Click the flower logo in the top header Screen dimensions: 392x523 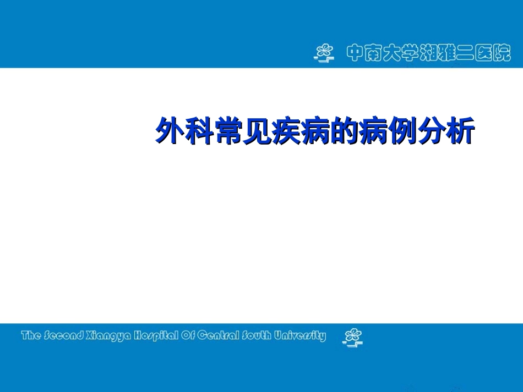[324, 53]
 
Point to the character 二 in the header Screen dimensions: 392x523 [476, 53]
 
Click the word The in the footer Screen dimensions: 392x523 [31, 335]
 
